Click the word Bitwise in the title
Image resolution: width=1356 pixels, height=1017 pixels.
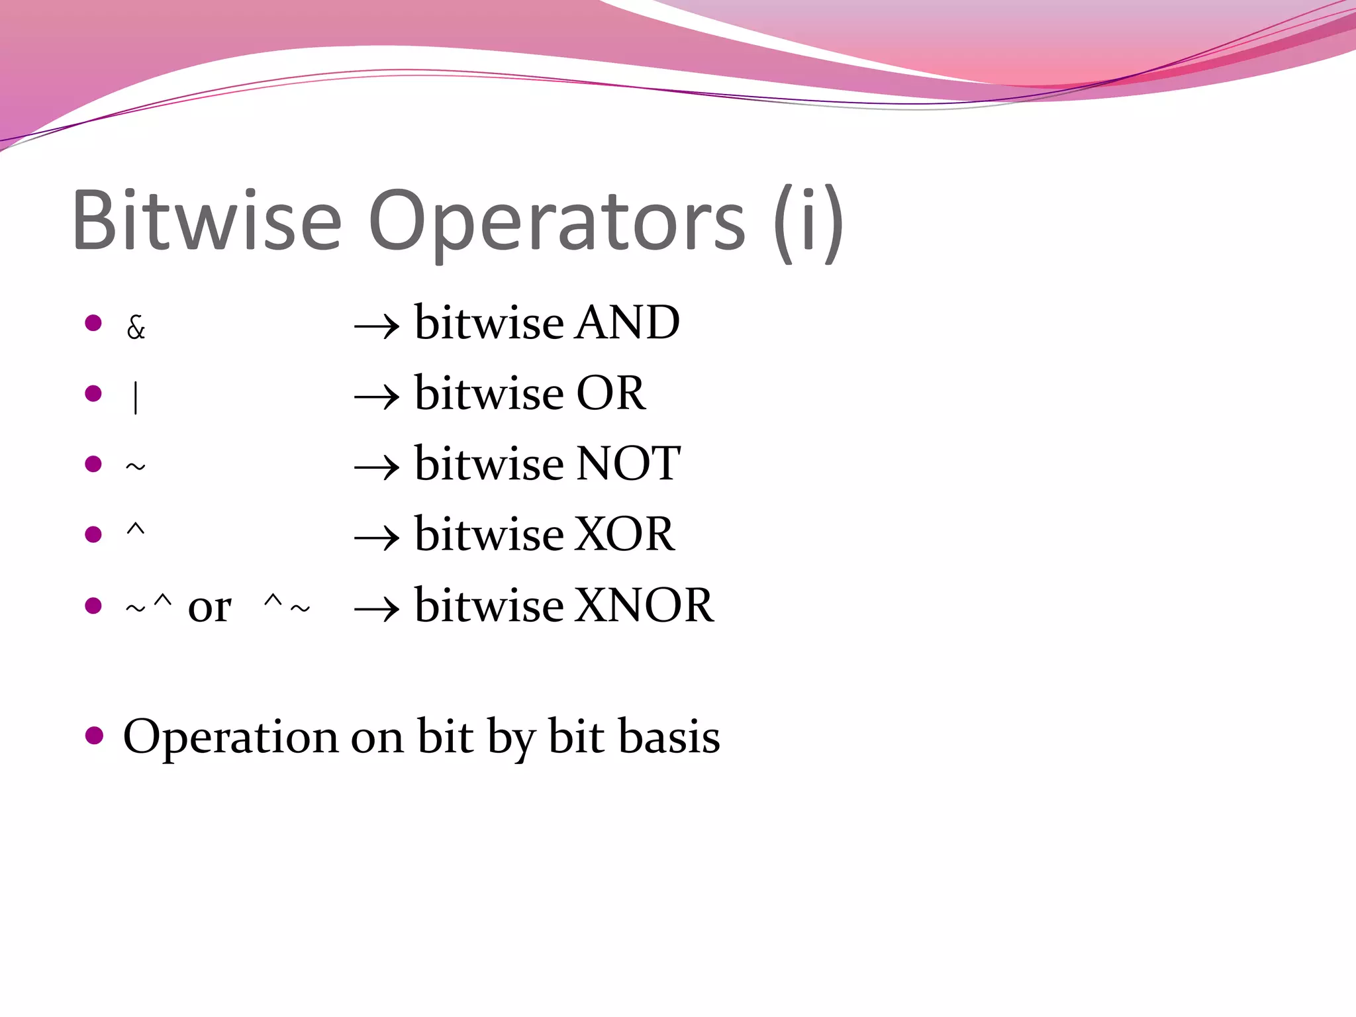(x=207, y=220)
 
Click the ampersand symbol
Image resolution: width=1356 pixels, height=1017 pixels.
(x=136, y=327)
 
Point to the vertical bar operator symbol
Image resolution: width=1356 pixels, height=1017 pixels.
(x=136, y=398)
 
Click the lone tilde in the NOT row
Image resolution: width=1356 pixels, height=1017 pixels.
(x=135, y=467)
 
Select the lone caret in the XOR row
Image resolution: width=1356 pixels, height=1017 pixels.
(x=135, y=529)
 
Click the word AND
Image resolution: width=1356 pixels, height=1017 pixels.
(x=627, y=323)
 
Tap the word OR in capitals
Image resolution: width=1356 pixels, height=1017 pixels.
(x=610, y=393)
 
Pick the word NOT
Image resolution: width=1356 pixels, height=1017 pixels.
(x=628, y=463)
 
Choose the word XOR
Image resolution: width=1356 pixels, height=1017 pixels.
(x=624, y=534)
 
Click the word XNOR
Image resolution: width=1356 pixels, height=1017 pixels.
(x=644, y=605)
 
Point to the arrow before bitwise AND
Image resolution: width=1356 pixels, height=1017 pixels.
(x=377, y=326)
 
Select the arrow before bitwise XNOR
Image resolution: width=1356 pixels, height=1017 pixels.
(x=377, y=608)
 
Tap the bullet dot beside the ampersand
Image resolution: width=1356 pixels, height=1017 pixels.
(x=93, y=323)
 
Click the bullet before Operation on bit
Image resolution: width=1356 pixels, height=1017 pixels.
(x=95, y=736)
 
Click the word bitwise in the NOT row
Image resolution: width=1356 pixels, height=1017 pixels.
(x=489, y=463)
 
